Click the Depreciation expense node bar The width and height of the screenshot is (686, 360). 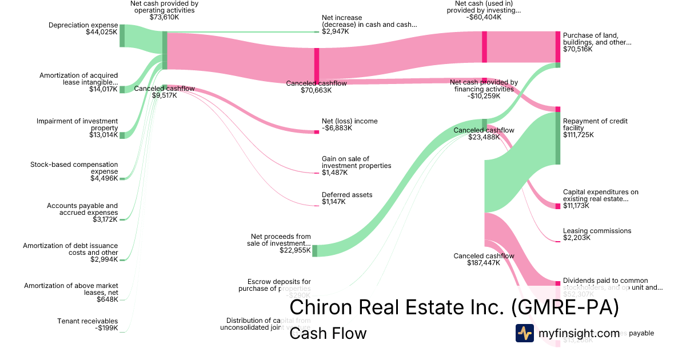click(x=122, y=35)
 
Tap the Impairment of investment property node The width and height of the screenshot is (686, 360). click(x=122, y=135)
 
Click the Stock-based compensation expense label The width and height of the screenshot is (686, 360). click(x=74, y=168)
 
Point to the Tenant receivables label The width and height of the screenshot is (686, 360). click(x=87, y=321)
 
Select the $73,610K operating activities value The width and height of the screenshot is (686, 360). click(x=165, y=17)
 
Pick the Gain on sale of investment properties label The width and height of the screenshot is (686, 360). click(x=356, y=162)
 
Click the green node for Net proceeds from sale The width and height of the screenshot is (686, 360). click(x=314, y=250)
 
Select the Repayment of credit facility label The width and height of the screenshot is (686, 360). click(x=595, y=124)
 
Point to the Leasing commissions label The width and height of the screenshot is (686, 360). click(x=597, y=231)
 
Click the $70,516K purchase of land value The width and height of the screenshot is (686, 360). click(x=578, y=49)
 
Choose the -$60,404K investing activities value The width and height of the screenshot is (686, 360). click(x=484, y=17)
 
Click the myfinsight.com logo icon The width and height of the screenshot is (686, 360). click(x=524, y=333)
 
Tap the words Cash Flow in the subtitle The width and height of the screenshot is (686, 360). click(x=328, y=333)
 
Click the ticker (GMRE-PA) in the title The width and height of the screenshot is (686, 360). click(x=564, y=307)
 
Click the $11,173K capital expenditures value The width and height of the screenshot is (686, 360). click(x=578, y=206)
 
